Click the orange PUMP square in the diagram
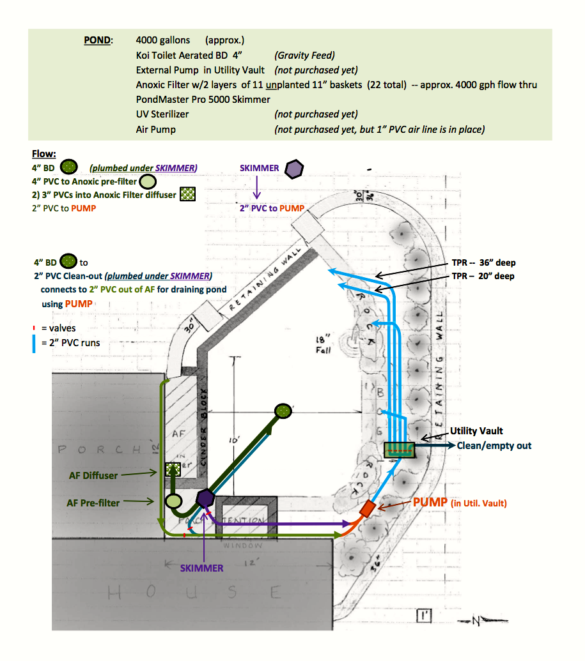[367, 509]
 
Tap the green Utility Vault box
[400, 450]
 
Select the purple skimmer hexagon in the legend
[293, 169]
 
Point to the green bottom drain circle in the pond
[283, 411]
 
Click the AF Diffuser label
[93, 475]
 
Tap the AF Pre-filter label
[93, 503]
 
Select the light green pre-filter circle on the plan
[173, 501]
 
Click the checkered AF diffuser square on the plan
[171, 470]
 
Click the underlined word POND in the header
[97, 40]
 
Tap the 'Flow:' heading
[43, 154]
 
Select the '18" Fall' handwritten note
[324, 346]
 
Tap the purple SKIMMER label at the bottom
[201, 568]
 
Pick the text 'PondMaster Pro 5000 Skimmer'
[203, 100]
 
